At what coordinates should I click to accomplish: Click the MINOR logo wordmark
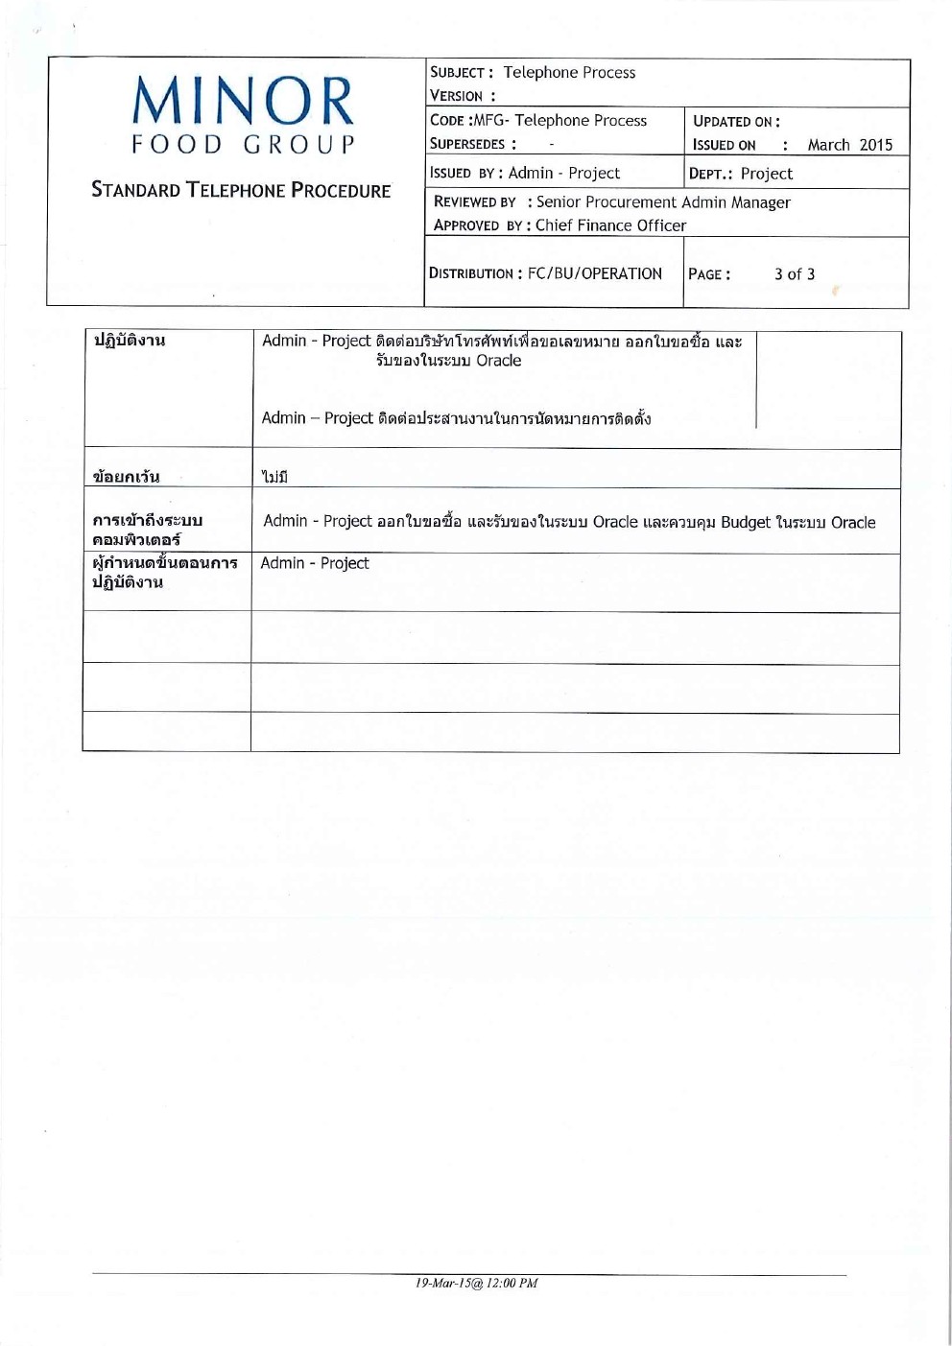pos(243,102)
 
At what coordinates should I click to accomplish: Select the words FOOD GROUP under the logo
pos(243,145)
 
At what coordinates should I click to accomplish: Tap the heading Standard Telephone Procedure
pos(241,190)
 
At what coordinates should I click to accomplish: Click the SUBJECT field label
pos(461,73)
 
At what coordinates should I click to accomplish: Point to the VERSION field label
pos(457,96)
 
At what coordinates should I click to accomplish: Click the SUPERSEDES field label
pos(467,144)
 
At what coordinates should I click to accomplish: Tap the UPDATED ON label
pos(735,122)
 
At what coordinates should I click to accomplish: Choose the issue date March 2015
pos(849,145)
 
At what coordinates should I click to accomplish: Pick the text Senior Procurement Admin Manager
pos(663,202)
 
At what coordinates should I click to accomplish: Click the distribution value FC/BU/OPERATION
pos(594,273)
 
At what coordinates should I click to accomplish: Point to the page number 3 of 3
pos(794,274)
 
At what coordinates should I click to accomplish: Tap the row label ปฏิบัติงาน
pos(129,340)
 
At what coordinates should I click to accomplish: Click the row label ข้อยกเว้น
pos(126,476)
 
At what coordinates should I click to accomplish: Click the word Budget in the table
pos(745,522)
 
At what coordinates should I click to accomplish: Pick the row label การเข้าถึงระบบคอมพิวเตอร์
pos(147,530)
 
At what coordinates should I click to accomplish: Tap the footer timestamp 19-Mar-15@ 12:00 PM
pos(476,1283)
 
